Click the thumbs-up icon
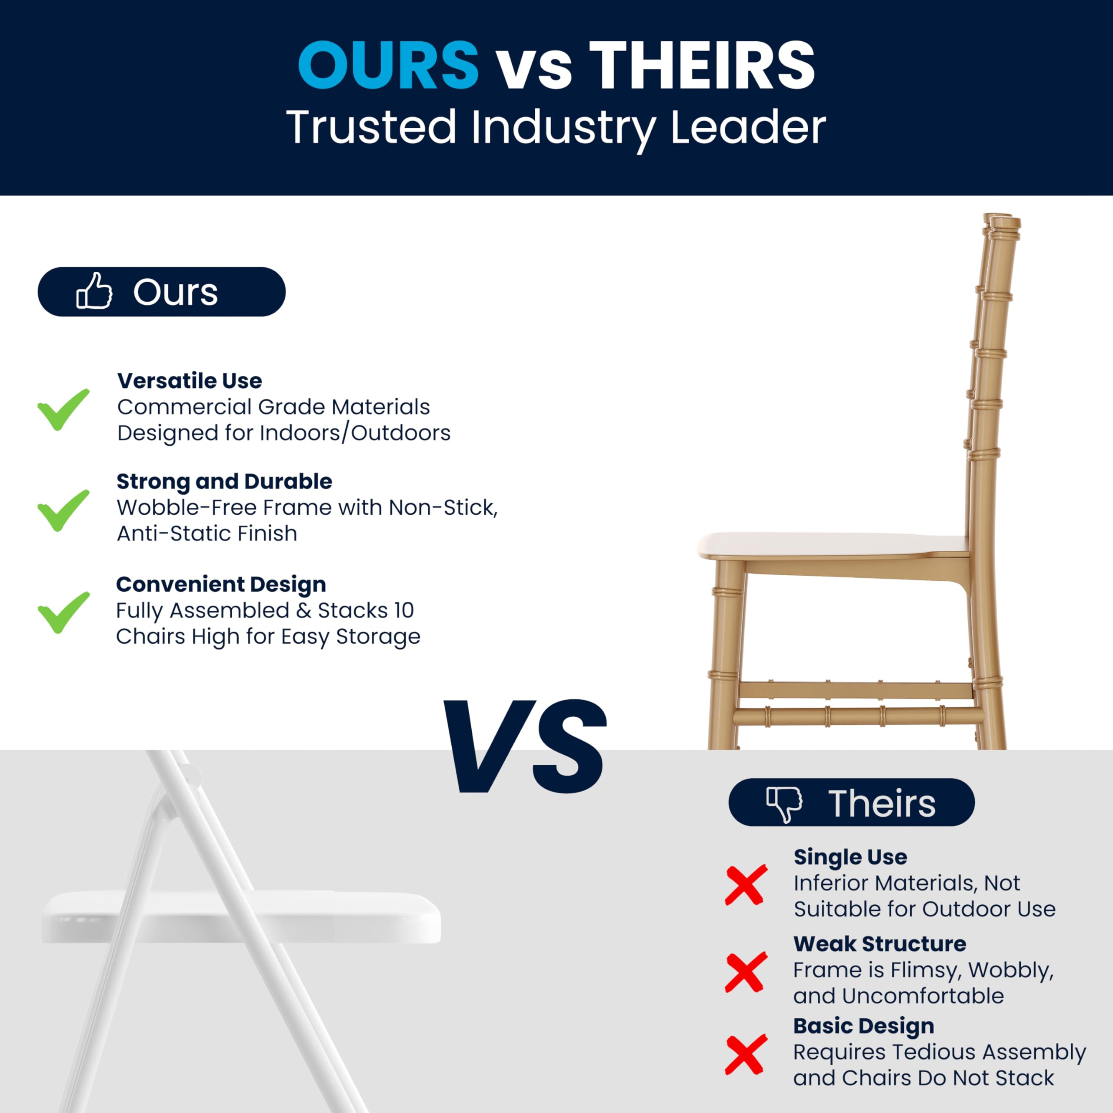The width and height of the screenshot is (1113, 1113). (94, 291)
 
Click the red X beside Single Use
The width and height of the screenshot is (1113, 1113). (746, 884)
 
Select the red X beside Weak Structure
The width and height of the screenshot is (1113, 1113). (746, 972)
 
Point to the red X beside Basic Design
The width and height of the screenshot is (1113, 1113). (746, 1054)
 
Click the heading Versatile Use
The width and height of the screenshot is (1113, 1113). (190, 381)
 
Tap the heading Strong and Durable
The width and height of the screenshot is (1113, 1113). (224, 482)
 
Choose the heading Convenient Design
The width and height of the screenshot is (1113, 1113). (221, 584)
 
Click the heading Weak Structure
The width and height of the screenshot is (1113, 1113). (880, 943)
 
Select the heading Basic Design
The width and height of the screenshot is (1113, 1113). (863, 1026)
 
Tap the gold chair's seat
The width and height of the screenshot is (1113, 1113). (830, 544)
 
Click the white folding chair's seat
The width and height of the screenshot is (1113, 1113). (242, 916)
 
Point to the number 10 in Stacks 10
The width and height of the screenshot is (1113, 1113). (404, 610)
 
